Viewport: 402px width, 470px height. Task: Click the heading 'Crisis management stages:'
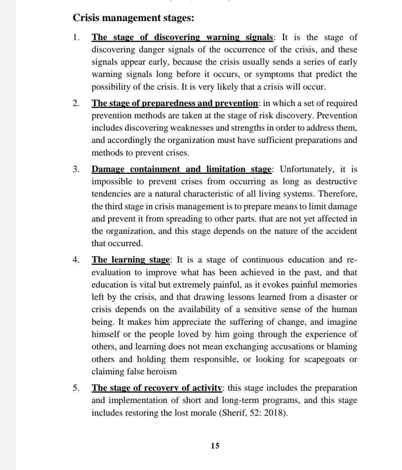133,18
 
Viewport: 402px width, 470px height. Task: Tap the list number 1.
76,37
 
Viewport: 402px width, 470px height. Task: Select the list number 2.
76,103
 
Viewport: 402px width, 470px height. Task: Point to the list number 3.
76,169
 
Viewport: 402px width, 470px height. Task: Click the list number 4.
76,260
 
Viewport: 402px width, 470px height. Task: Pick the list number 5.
76,388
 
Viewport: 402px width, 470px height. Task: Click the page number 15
215,446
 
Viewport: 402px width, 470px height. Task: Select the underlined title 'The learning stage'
131,260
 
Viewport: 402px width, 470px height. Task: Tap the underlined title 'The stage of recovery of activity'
157,388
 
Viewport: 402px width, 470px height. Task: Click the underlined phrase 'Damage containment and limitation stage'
182,169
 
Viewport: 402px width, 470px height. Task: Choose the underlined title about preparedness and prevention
175,103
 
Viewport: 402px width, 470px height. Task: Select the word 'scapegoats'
326,359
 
